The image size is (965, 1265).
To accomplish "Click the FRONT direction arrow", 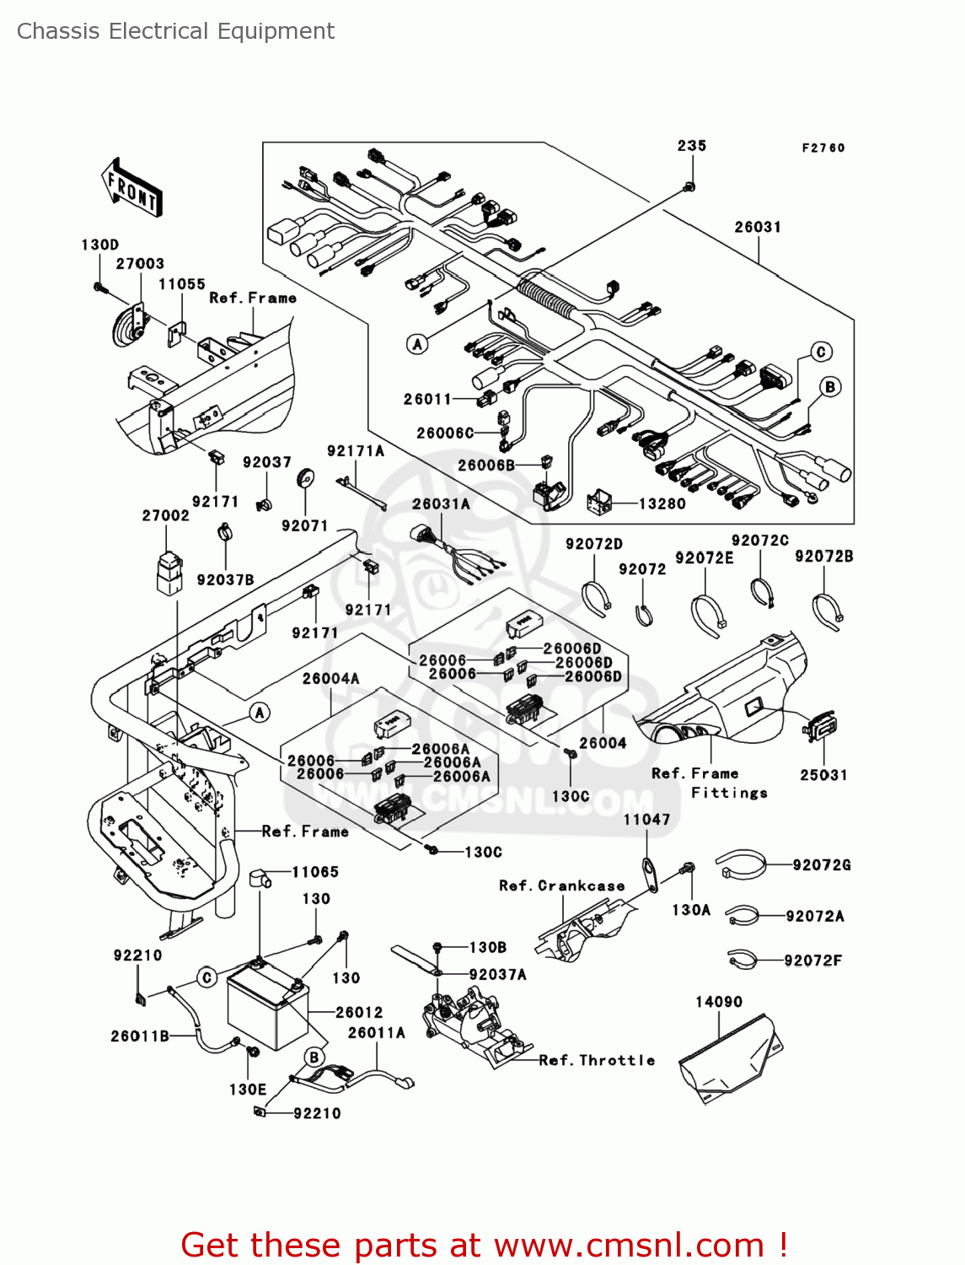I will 131,186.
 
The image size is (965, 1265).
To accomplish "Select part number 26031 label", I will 758,227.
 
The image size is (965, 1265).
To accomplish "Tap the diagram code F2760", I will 823,148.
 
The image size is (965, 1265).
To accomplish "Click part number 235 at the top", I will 692,146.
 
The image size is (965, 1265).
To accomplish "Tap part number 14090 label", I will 719,1002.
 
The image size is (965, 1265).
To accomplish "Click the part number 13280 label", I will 662,503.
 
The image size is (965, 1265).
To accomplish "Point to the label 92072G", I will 822,864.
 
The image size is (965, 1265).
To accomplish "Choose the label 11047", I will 646,819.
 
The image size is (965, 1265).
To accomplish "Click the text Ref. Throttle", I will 597,1060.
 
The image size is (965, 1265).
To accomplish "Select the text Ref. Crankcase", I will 562,885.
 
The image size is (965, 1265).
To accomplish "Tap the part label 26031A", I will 441,503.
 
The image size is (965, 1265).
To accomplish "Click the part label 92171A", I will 356,451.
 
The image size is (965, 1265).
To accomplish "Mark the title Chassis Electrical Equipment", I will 175,31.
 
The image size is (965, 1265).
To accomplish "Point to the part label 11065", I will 315,872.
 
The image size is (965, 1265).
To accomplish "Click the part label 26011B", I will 140,1036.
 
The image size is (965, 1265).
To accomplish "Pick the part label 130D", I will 99,245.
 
